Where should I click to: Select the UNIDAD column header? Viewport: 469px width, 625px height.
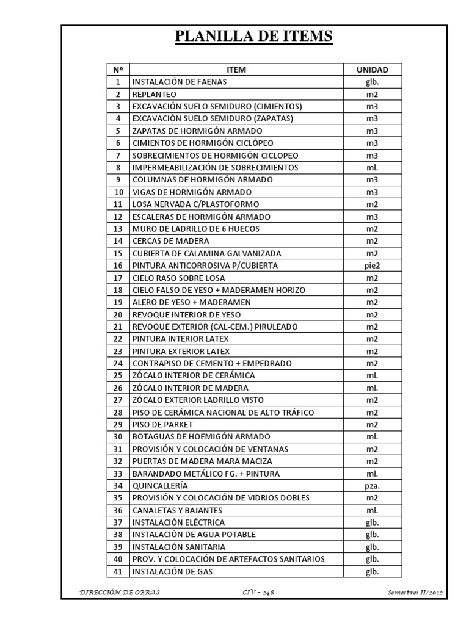point(372,70)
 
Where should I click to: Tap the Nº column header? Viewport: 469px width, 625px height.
point(118,70)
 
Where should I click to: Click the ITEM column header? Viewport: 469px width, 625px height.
point(236,70)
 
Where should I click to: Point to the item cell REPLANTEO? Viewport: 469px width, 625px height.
point(154,94)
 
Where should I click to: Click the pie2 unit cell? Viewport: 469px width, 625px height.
point(372,266)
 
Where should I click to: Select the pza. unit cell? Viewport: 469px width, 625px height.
point(372,486)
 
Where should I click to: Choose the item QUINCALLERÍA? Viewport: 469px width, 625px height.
point(159,486)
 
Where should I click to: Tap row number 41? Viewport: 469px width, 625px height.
point(118,571)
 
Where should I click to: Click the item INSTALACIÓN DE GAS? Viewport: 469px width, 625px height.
point(173,571)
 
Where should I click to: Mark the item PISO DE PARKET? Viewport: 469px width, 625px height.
point(162,424)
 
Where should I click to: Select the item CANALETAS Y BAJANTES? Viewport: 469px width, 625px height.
point(177,510)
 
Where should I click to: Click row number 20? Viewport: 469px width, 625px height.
point(118,314)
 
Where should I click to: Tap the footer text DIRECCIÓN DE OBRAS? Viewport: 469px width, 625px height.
point(112,591)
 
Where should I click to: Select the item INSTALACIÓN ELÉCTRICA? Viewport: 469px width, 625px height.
point(178,522)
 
